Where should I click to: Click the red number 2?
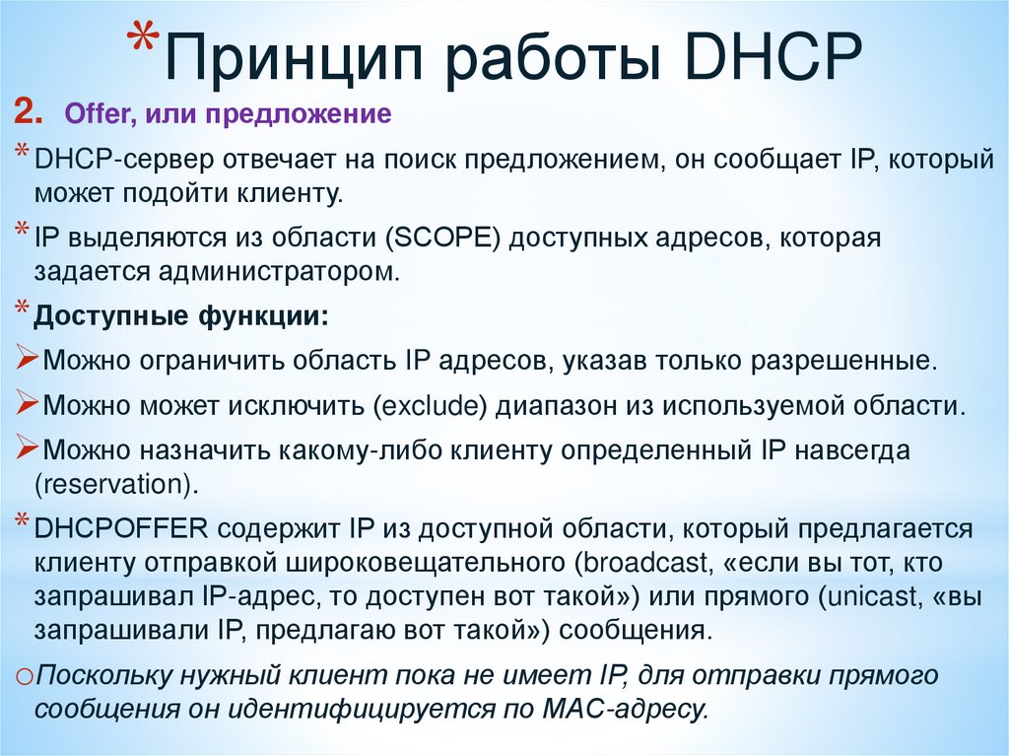pos(27,114)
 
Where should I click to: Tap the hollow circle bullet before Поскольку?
pos(26,678)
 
